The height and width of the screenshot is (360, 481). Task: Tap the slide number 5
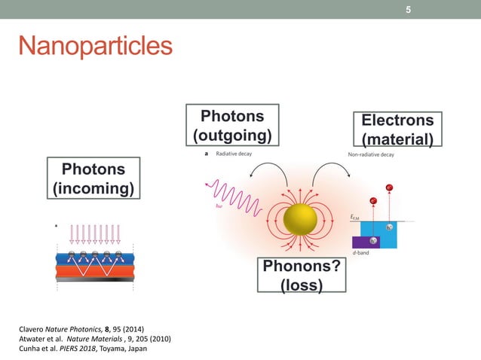(x=408, y=10)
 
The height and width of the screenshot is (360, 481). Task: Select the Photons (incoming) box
(x=93, y=178)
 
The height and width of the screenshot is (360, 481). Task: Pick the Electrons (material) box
(x=397, y=130)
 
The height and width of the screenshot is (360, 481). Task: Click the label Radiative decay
(x=234, y=154)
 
